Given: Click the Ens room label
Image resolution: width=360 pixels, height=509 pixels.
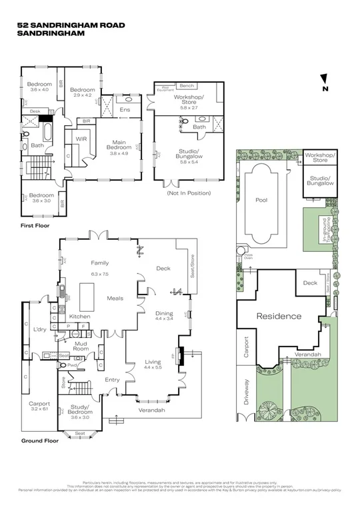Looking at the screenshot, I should [125, 110].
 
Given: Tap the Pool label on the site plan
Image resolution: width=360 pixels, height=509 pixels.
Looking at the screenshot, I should [261, 199].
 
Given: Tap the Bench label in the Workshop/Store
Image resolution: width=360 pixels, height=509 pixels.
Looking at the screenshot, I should [187, 85].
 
